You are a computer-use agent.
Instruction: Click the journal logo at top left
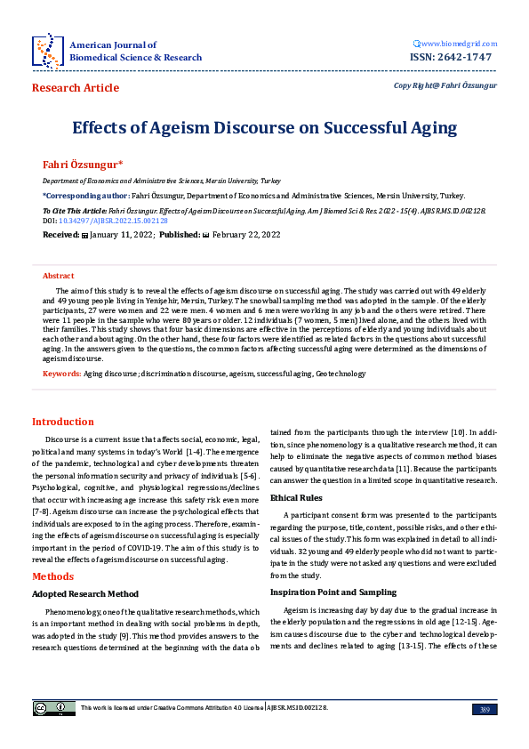point(47,51)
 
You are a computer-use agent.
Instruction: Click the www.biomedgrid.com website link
point(456,44)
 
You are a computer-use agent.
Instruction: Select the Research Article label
point(75,87)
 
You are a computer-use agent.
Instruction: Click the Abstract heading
point(59,277)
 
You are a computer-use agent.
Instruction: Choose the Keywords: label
point(61,374)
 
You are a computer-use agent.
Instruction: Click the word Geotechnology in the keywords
point(341,374)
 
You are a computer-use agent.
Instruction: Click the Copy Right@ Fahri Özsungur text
point(445,85)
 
